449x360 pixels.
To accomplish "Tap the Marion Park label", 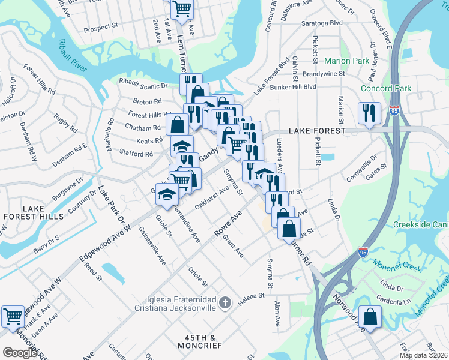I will pyautogui.click(x=346, y=61).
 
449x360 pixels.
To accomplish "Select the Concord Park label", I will pyautogui.click(x=386, y=89).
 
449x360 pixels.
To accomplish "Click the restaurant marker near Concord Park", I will pyautogui.click(x=369, y=112).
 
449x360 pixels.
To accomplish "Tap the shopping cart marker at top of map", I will pyautogui.click(x=182, y=8).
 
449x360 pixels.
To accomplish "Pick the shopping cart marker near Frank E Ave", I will pyautogui.click(x=12, y=316).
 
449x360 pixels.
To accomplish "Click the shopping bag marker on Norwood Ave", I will pyautogui.click(x=371, y=316).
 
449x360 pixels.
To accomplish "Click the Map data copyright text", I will pyautogui.click(x=424, y=355).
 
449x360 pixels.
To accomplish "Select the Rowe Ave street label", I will pyautogui.click(x=228, y=223).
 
